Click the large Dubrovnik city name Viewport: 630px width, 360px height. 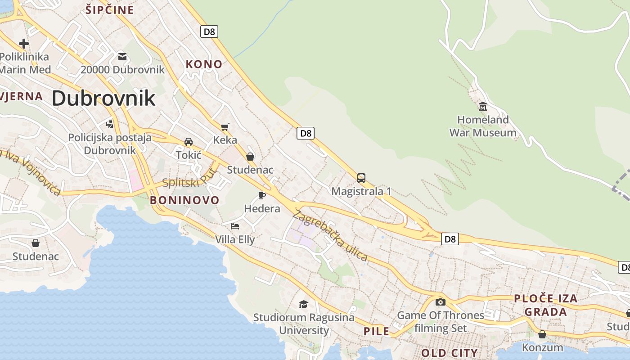103,98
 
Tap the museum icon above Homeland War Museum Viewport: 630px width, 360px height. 483,107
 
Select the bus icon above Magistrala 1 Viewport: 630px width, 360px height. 361,178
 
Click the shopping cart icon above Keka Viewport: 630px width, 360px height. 225,127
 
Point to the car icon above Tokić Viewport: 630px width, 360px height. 189,142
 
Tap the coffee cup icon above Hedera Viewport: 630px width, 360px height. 261,195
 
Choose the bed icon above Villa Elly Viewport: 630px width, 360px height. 234,226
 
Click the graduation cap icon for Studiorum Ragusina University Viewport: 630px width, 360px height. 304,305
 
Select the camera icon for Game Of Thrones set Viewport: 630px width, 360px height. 440,302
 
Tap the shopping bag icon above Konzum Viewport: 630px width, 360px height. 542,334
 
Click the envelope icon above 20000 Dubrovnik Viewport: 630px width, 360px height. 122,57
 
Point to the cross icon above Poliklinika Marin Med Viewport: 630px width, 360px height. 24,44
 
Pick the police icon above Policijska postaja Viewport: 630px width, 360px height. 109,123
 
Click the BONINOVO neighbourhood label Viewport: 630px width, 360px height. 184,200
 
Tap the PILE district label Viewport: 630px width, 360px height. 376,332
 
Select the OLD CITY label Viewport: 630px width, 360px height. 449,352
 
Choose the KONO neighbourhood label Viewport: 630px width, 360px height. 204,64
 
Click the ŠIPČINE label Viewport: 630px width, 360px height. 110,10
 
